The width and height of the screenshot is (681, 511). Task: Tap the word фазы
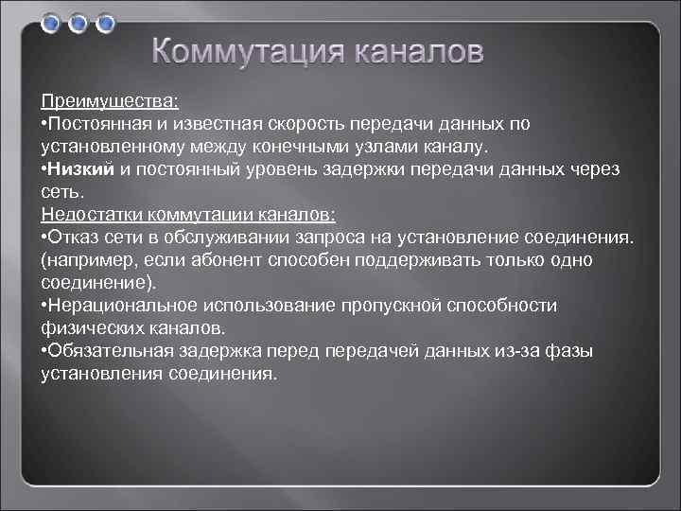click(570, 350)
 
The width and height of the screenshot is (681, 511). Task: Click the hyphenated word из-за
click(518, 350)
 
